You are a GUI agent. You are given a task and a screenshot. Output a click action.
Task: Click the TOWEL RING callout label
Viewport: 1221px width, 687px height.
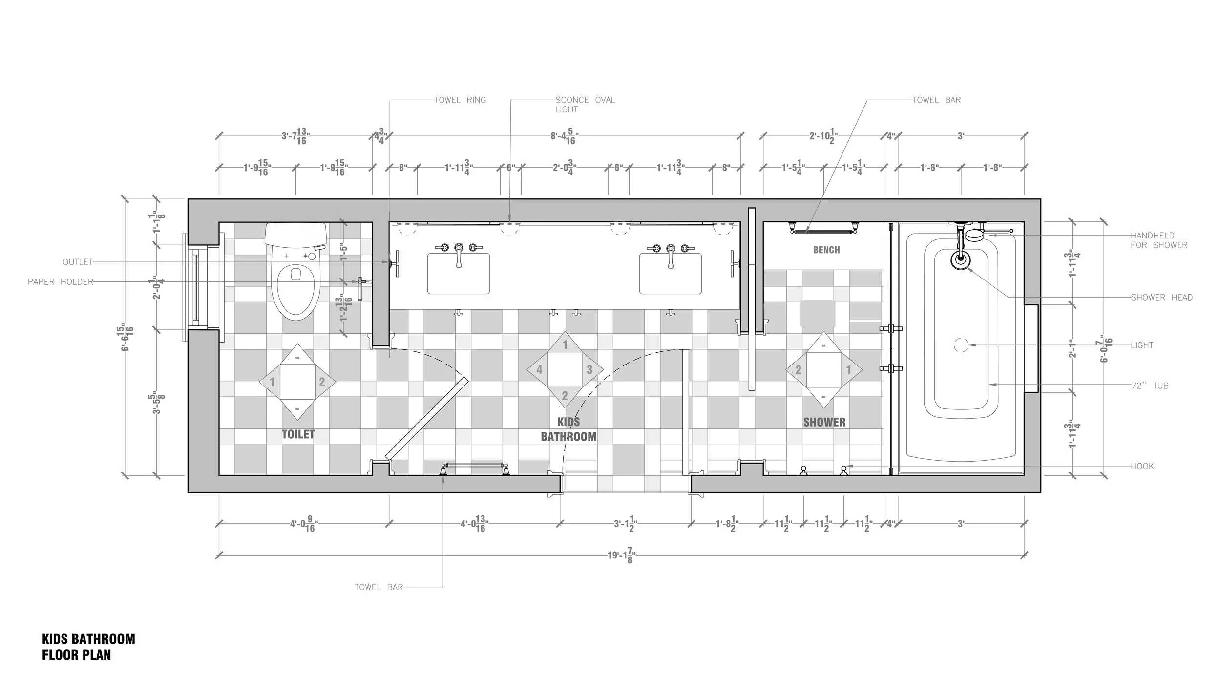coord(460,100)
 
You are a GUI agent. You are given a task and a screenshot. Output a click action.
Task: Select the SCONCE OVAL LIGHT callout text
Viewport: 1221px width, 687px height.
coord(585,104)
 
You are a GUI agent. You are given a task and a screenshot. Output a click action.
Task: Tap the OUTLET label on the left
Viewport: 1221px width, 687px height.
coord(78,262)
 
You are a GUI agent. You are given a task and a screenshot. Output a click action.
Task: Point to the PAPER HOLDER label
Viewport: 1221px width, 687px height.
coord(60,282)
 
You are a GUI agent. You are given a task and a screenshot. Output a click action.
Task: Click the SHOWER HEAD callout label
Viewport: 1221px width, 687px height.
coord(1161,297)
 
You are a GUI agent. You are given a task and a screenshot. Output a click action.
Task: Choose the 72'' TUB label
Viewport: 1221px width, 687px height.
coord(1150,386)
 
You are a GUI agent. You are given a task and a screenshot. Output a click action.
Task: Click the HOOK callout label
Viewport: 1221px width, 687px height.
coord(1142,466)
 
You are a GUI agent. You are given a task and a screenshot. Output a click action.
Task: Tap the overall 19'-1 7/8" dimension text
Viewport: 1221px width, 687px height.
coord(621,555)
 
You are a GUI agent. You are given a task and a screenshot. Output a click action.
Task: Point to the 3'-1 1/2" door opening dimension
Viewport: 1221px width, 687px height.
coord(625,524)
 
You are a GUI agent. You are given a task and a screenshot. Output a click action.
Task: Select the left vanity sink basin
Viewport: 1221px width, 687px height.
coord(458,274)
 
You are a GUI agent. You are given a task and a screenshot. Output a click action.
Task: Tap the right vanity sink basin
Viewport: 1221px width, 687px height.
coord(670,274)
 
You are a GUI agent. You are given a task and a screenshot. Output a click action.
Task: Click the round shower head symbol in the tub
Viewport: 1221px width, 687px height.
coord(960,260)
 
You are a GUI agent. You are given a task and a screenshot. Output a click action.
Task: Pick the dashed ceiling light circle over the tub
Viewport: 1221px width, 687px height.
coord(960,345)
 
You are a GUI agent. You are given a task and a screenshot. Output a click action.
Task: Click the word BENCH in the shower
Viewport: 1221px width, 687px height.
coord(826,250)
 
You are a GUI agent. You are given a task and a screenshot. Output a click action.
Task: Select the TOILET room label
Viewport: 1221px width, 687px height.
coord(298,434)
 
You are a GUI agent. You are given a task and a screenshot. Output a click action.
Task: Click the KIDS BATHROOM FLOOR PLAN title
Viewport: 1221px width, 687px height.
coord(88,646)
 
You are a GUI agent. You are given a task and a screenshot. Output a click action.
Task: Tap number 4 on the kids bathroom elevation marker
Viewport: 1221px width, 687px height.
coord(539,370)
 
